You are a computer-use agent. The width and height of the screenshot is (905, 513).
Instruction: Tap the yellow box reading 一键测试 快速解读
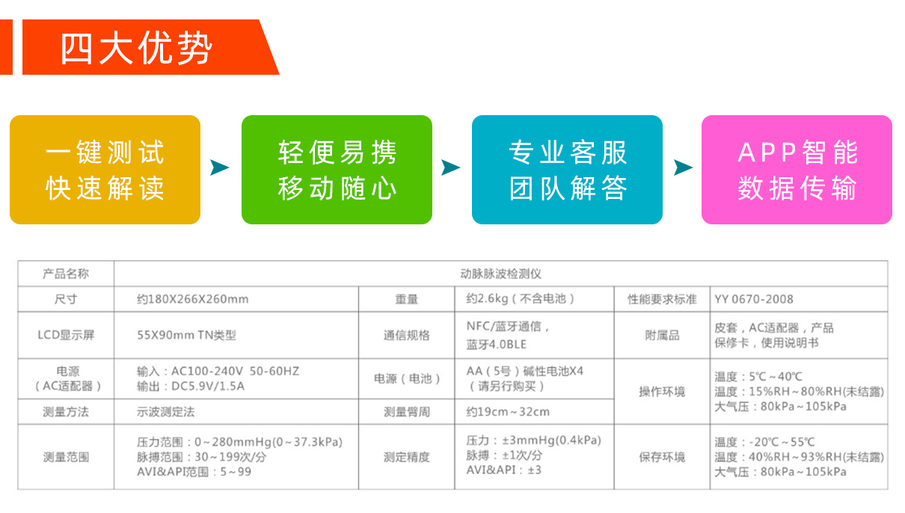click(105, 170)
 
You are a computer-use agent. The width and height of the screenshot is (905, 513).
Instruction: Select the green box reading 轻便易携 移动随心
click(337, 170)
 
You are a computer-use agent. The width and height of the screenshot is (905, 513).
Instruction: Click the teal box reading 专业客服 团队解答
click(567, 170)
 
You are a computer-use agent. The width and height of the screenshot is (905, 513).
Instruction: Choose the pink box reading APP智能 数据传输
click(797, 170)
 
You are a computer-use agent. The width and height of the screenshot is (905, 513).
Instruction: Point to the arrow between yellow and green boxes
click(219, 168)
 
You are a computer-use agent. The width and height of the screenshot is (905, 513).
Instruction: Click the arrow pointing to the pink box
click(683, 168)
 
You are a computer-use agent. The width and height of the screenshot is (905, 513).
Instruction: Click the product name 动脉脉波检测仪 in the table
click(500, 274)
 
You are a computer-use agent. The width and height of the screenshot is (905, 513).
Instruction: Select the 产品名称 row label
click(66, 274)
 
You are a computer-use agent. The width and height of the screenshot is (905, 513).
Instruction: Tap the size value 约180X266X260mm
click(193, 299)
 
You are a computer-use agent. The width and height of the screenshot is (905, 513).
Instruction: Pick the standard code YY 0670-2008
click(754, 299)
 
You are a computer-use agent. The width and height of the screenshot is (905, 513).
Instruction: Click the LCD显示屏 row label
click(66, 335)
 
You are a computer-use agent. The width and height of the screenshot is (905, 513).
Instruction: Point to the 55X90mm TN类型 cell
click(186, 335)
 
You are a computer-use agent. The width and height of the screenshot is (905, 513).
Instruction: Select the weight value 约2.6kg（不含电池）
click(521, 299)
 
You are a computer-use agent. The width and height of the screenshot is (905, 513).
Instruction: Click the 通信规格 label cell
click(406, 335)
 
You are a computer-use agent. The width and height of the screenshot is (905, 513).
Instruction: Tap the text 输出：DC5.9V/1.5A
click(191, 387)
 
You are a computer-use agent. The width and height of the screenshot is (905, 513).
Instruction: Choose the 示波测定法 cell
click(165, 412)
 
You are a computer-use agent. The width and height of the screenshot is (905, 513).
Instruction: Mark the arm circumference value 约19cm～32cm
click(508, 412)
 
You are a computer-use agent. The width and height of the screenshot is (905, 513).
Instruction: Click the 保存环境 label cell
click(662, 457)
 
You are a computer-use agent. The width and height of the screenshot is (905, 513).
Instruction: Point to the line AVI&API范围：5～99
click(194, 472)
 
